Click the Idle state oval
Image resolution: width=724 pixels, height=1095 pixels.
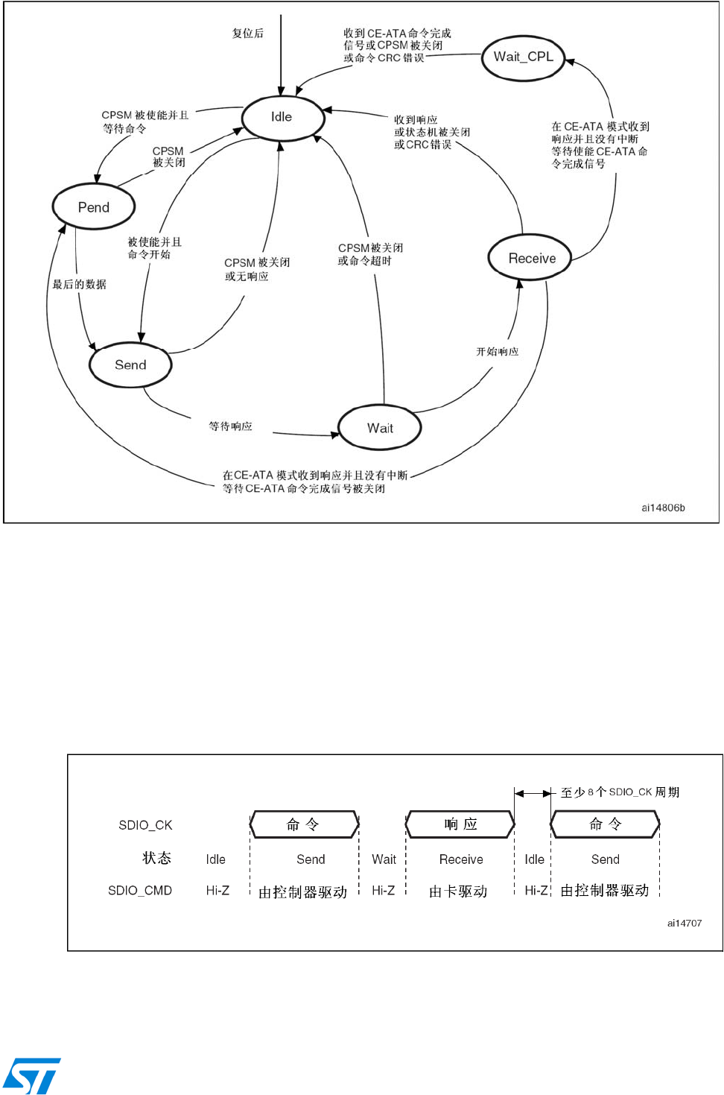282,117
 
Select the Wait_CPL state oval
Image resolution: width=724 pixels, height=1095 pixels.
523,57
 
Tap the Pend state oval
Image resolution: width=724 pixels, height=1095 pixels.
94,207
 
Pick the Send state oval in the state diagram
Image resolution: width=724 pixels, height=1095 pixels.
130,365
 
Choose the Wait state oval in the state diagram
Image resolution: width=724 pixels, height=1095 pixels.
380,428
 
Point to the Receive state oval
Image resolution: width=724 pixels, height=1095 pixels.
531,259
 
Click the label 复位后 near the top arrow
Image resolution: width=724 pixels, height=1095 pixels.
248,34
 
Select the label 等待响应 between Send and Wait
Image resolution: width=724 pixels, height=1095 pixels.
230,426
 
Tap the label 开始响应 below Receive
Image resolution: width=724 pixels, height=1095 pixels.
498,352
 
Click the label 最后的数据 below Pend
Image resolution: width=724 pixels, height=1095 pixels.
79,284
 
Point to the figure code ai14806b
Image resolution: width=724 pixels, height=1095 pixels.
663,508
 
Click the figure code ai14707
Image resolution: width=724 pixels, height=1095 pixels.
684,923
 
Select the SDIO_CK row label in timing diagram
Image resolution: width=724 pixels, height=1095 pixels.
145,825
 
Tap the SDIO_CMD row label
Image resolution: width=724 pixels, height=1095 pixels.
140,891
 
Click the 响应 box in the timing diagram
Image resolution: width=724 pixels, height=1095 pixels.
460,824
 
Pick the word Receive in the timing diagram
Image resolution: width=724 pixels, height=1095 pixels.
461,859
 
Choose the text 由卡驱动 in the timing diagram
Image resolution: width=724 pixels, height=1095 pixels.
458,892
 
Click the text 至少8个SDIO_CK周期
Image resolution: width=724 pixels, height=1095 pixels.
620,792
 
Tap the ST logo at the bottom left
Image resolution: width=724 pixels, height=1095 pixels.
31,1076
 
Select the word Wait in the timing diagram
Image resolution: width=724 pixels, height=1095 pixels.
384,859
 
